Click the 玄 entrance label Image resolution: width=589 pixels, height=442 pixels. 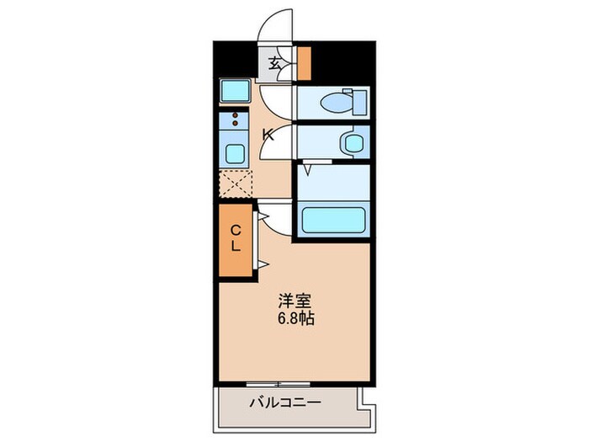click(x=275, y=61)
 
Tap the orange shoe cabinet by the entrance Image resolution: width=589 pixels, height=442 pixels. click(x=304, y=61)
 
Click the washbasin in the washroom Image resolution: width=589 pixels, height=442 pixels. click(x=349, y=141)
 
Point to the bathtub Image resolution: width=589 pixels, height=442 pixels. click(x=334, y=221)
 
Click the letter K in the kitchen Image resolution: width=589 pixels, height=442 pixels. click(x=268, y=135)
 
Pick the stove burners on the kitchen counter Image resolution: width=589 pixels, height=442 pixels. click(x=235, y=120)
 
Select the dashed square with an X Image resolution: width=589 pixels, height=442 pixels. click(x=236, y=183)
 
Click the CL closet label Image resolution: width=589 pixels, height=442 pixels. click(x=236, y=239)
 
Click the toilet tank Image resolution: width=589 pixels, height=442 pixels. click(x=360, y=101)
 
